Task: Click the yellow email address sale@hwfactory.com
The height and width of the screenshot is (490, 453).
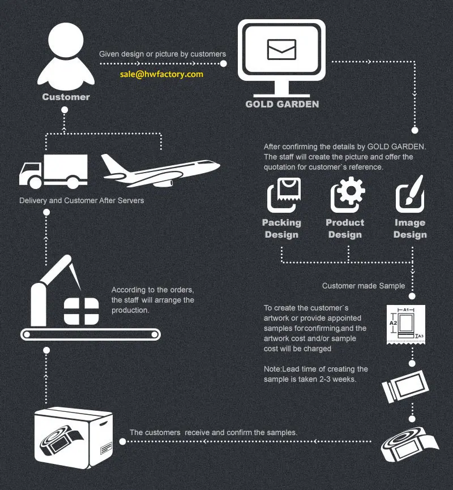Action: [161, 74]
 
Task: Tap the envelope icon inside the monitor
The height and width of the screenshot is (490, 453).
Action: [281, 49]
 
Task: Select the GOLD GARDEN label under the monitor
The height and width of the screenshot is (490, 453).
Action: [282, 104]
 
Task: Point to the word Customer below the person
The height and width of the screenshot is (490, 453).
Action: [66, 97]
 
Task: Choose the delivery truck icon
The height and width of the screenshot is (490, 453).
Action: [53, 171]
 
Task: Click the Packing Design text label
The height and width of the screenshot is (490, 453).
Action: [281, 229]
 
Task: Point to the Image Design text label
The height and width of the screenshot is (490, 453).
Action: [410, 229]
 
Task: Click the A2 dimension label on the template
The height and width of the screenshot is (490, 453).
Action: [393, 322]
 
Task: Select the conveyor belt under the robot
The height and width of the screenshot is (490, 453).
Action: [91, 334]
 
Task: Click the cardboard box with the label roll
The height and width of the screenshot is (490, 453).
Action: [72, 435]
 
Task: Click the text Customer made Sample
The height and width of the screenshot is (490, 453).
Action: [364, 286]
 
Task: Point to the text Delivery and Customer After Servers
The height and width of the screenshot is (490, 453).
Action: [82, 201]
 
